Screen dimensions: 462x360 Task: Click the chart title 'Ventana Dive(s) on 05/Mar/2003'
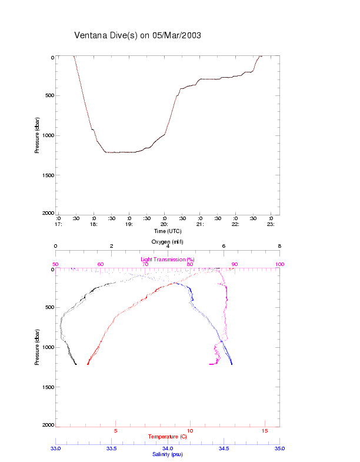138,35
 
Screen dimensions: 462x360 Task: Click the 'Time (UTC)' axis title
167,231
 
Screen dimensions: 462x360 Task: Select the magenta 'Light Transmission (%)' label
167,259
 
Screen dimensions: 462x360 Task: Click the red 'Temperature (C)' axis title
167,437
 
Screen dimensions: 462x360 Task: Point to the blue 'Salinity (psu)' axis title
167,454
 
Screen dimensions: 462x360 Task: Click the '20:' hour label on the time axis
164,224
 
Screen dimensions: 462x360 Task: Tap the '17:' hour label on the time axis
58,224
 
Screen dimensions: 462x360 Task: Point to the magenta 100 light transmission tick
279,264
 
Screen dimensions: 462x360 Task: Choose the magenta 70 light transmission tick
145,264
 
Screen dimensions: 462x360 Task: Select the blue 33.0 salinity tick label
56,448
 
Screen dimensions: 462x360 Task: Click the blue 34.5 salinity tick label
224,448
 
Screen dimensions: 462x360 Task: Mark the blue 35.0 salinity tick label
279,448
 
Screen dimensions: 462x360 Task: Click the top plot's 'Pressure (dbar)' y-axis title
37,135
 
